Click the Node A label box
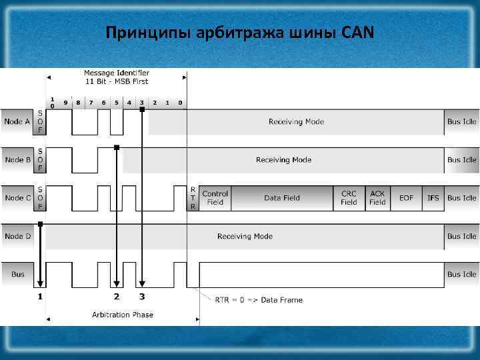17,122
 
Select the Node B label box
17,160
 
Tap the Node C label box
17,198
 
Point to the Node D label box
17,236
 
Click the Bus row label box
17,274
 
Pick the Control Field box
215,198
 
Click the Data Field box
282,198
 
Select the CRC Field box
349,198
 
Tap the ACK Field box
378,198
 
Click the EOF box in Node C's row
406,198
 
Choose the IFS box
433,198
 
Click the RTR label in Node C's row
193,198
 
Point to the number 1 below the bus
40,295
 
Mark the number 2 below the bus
117,295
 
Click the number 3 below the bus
141,295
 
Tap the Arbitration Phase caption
122,315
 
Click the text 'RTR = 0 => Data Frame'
259,300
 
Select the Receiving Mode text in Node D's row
245,236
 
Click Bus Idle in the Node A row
461,122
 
